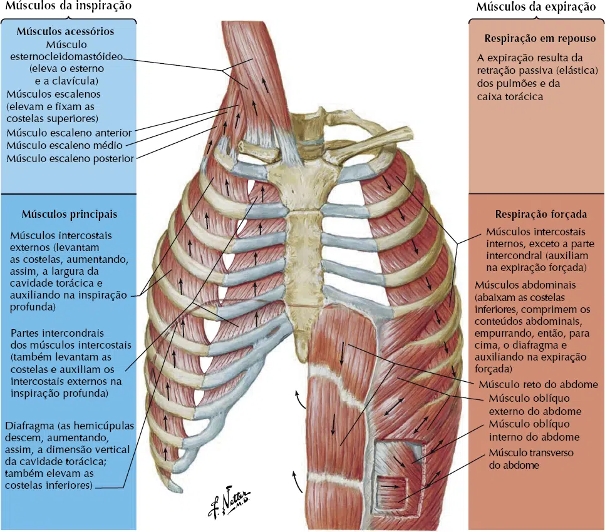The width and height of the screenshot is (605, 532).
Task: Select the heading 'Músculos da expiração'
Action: pos(536,6)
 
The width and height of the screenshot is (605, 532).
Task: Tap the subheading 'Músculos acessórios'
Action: pos(65,31)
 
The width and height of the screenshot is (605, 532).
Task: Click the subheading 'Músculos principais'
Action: pos(70,214)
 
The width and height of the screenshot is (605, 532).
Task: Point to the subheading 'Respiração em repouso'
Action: pos(540,39)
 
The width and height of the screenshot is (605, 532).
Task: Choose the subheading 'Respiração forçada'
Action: pos(541,214)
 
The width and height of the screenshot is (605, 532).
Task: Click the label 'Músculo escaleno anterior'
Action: pos(69,133)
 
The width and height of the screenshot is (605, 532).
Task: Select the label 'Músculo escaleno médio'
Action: pos(65,145)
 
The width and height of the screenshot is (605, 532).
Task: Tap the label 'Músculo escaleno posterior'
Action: pos(70,158)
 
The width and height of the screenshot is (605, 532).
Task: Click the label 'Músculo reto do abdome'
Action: pos(538,384)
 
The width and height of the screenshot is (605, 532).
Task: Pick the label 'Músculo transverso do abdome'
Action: pos(531,459)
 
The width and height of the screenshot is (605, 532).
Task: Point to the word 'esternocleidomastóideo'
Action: pos(66,57)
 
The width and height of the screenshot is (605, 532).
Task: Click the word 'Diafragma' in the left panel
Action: pos(29,426)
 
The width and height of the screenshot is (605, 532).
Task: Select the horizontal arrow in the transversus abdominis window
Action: pos(391,487)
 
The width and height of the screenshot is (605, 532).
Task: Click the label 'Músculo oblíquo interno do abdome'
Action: pos(534,430)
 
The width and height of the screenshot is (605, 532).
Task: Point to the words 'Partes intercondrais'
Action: pos(57,333)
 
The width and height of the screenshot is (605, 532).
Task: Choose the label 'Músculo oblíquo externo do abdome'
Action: pos(535,405)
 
